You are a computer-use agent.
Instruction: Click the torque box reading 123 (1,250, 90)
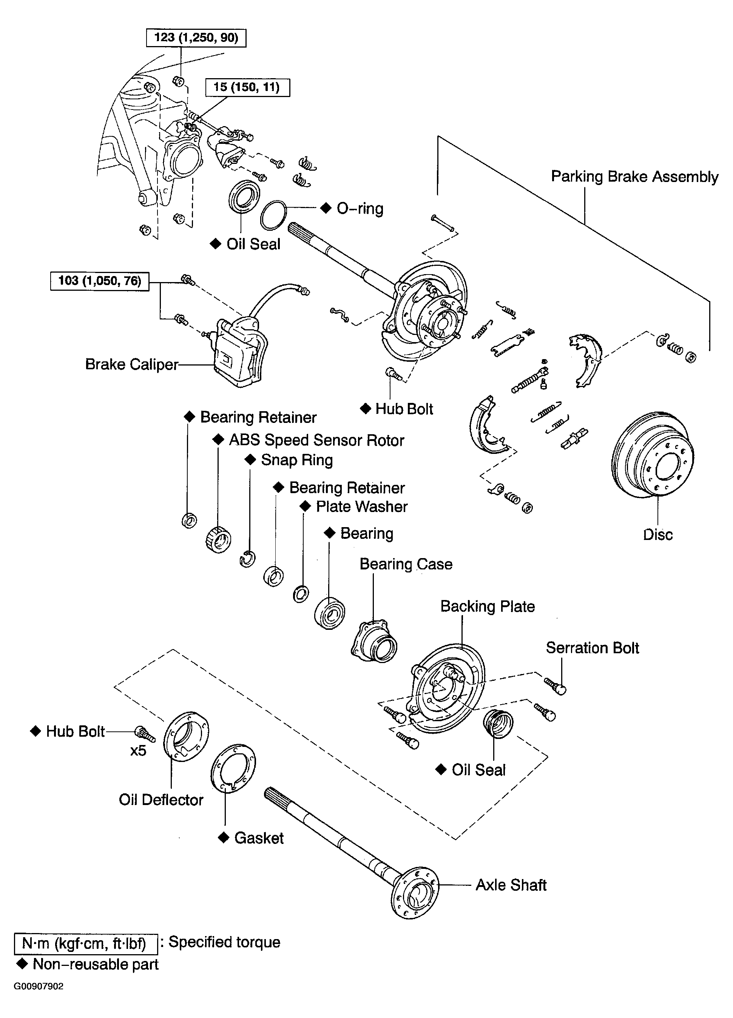pyautogui.click(x=196, y=38)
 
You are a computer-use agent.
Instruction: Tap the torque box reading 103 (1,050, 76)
pyautogui.click(x=100, y=281)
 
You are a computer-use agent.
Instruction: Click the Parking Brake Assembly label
pyautogui.click(x=634, y=177)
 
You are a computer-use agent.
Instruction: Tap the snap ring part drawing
pyautogui.click(x=247, y=559)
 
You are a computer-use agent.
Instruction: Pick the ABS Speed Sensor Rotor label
pyautogui.click(x=316, y=440)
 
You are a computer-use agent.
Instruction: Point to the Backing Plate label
pyautogui.click(x=488, y=606)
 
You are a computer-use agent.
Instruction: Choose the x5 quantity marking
pyautogui.click(x=138, y=751)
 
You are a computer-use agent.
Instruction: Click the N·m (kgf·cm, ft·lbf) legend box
pyautogui.click(x=86, y=944)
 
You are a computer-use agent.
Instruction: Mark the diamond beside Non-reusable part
pyautogui.click(x=22, y=964)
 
